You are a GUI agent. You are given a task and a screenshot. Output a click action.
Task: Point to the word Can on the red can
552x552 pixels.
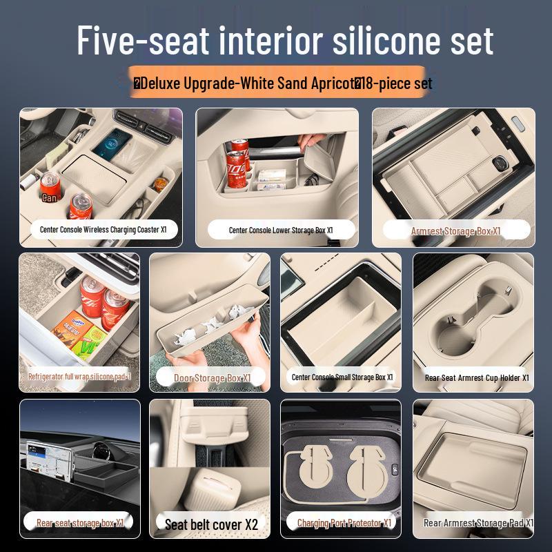point(49,197)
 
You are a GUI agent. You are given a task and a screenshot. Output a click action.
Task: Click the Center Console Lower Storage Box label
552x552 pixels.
point(281,230)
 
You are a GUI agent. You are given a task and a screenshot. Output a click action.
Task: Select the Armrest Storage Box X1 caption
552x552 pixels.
point(455,231)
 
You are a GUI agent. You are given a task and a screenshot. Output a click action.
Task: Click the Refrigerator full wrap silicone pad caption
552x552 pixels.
point(79,377)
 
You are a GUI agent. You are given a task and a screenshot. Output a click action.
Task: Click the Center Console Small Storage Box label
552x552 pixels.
point(342,377)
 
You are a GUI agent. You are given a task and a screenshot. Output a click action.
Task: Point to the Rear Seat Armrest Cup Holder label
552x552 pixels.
point(477,378)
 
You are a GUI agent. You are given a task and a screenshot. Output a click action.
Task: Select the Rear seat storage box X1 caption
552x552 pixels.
point(80,523)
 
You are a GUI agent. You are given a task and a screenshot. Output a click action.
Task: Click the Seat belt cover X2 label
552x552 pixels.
point(210,524)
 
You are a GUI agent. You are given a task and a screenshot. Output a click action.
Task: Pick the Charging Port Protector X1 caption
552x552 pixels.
point(344,523)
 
